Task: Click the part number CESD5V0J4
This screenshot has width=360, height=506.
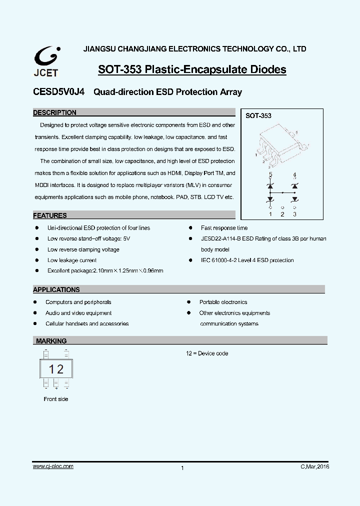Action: point(59,92)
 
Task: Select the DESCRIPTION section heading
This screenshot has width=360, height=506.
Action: point(54,113)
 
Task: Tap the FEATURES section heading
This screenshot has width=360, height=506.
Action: point(49,215)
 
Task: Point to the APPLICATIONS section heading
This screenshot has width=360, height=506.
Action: point(56,289)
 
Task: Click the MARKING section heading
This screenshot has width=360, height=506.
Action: point(51,341)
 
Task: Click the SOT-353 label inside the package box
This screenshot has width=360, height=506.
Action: point(258,115)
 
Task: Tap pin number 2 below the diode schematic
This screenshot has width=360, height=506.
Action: point(282,214)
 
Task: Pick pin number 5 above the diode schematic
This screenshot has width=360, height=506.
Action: point(270,174)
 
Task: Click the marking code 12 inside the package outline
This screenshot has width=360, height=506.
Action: point(56,369)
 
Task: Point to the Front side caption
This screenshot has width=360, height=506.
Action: point(56,399)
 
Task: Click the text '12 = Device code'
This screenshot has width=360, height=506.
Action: point(207,353)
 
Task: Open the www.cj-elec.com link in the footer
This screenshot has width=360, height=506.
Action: point(53,466)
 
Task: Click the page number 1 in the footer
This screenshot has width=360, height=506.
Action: point(182,468)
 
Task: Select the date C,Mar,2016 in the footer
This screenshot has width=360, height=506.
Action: point(314,466)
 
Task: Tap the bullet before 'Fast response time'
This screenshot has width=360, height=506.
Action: point(190,228)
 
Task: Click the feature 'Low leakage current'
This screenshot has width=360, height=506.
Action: point(72,260)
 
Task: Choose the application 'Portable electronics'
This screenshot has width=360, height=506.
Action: point(223,302)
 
